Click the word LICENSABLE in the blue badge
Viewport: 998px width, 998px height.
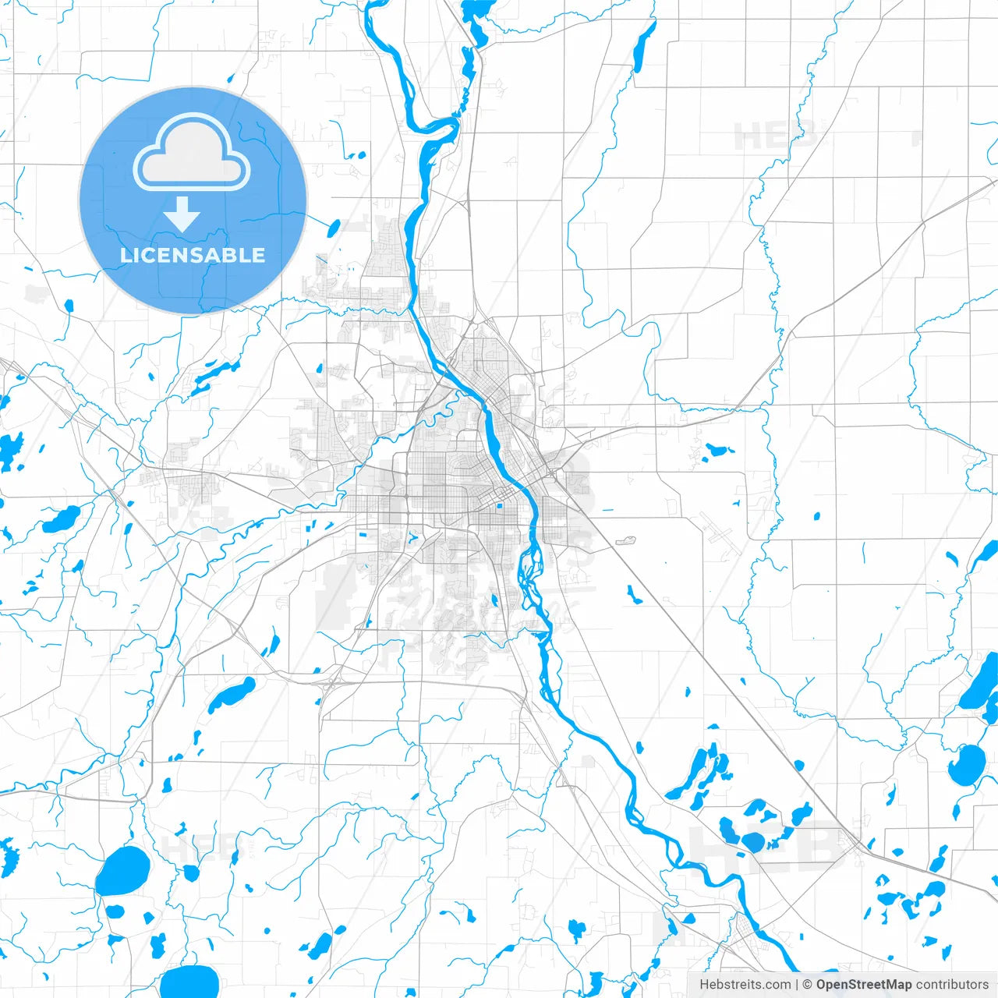point(193,255)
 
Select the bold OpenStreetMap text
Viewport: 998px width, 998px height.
point(864,985)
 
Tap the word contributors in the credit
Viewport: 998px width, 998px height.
point(952,985)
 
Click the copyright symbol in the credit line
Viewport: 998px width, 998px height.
point(808,985)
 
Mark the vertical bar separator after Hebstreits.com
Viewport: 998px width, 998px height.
point(797,985)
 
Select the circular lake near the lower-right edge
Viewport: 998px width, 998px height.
point(968,765)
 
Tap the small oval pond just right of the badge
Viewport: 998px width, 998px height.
point(334,228)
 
